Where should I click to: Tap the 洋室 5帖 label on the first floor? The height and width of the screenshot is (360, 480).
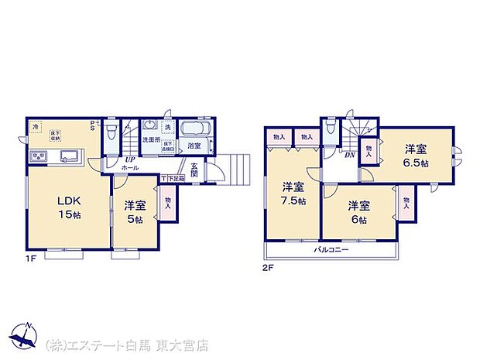click(x=135, y=211)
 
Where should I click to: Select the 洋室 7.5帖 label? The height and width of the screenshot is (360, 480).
click(x=292, y=193)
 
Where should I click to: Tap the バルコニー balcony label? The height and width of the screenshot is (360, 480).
click(x=331, y=250)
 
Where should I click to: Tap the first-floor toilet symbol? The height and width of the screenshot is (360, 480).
click(x=113, y=129)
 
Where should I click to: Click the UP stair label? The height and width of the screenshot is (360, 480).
click(x=131, y=160)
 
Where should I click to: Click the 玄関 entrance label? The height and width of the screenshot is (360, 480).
click(x=195, y=169)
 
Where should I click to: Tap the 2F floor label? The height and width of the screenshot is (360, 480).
click(x=267, y=267)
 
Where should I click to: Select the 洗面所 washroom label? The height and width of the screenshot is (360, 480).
click(x=149, y=140)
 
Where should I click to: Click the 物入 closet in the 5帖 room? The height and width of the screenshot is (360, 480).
click(x=167, y=203)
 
